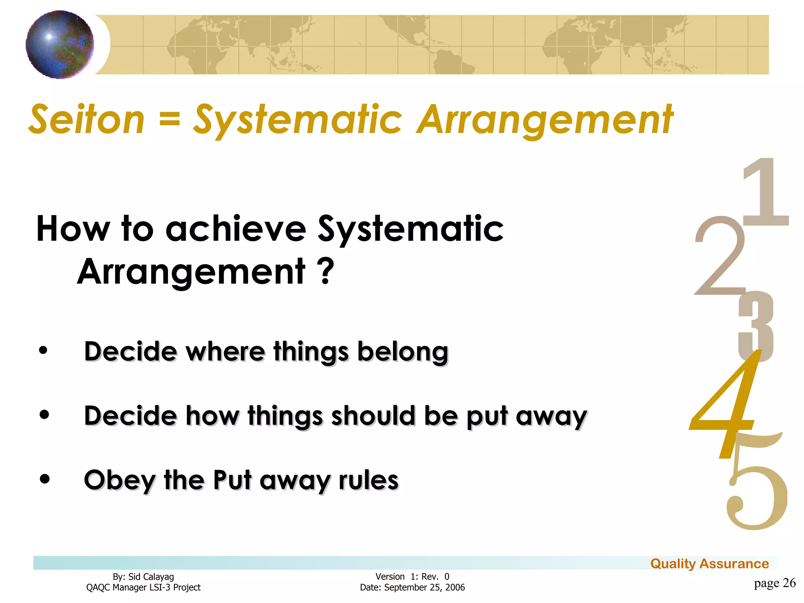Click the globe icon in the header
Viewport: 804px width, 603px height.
click(60, 44)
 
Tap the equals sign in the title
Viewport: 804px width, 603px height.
click(170, 119)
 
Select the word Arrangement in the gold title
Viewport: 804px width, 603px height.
click(545, 120)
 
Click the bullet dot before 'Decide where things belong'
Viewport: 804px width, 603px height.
click(44, 350)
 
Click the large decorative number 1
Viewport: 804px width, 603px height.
click(765, 192)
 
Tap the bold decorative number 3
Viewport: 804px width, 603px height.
click(756, 326)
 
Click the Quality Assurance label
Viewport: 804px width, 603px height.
click(709, 564)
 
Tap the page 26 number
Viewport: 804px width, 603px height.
click(774, 583)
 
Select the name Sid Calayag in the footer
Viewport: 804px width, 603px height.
click(151, 577)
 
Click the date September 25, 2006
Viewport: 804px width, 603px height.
click(424, 588)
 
